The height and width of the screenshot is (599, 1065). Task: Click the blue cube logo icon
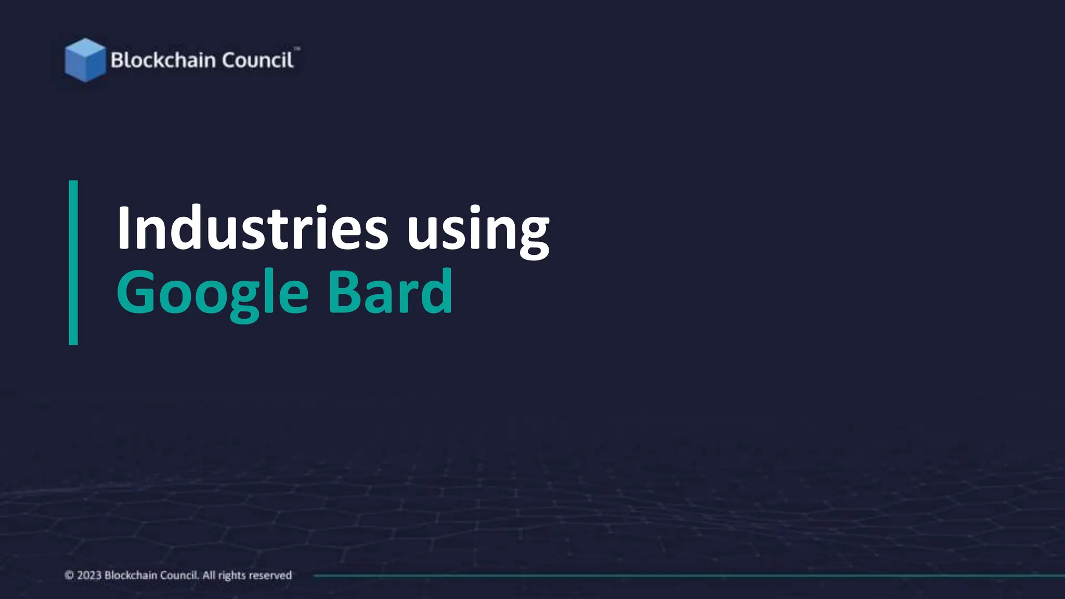point(85,60)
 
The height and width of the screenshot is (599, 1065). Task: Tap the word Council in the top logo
point(257,60)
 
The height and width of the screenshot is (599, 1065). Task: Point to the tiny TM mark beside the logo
point(297,49)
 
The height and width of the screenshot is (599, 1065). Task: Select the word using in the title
point(477,231)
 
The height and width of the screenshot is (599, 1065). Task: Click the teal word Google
point(213,293)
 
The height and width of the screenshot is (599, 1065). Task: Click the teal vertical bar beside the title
point(73,263)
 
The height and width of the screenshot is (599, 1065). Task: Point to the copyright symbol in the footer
point(69,575)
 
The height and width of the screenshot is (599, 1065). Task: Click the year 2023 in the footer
point(89,575)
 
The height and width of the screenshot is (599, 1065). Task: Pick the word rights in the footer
point(232,576)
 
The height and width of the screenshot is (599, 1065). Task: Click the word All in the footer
point(209,575)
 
